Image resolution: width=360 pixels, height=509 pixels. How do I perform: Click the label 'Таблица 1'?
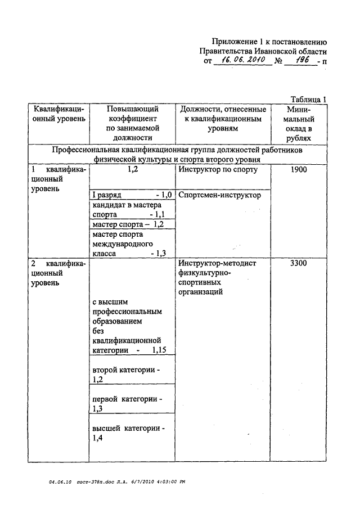pos(308,99)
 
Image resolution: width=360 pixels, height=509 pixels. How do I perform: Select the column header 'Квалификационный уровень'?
pos(59,114)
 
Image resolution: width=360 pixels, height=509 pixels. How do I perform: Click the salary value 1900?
pos(299,169)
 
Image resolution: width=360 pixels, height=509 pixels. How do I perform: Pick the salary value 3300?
pos(299,263)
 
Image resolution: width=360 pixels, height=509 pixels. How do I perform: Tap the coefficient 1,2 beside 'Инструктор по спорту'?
pos(133,169)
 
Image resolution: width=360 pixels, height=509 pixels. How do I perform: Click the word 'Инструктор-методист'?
pos(217,263)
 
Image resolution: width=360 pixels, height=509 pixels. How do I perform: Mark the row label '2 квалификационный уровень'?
pos(59,273)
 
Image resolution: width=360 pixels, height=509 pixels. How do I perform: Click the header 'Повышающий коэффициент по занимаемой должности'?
pos(133,123)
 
